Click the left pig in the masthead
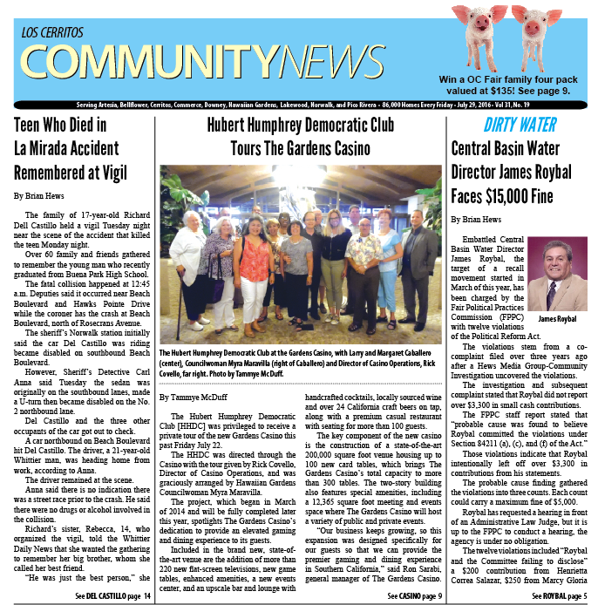(479, 30)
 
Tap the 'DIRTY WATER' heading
(496, 124)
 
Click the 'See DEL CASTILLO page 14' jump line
(112, 595)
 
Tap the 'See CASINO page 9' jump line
(414, 595)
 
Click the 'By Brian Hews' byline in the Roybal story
(477, 220)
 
